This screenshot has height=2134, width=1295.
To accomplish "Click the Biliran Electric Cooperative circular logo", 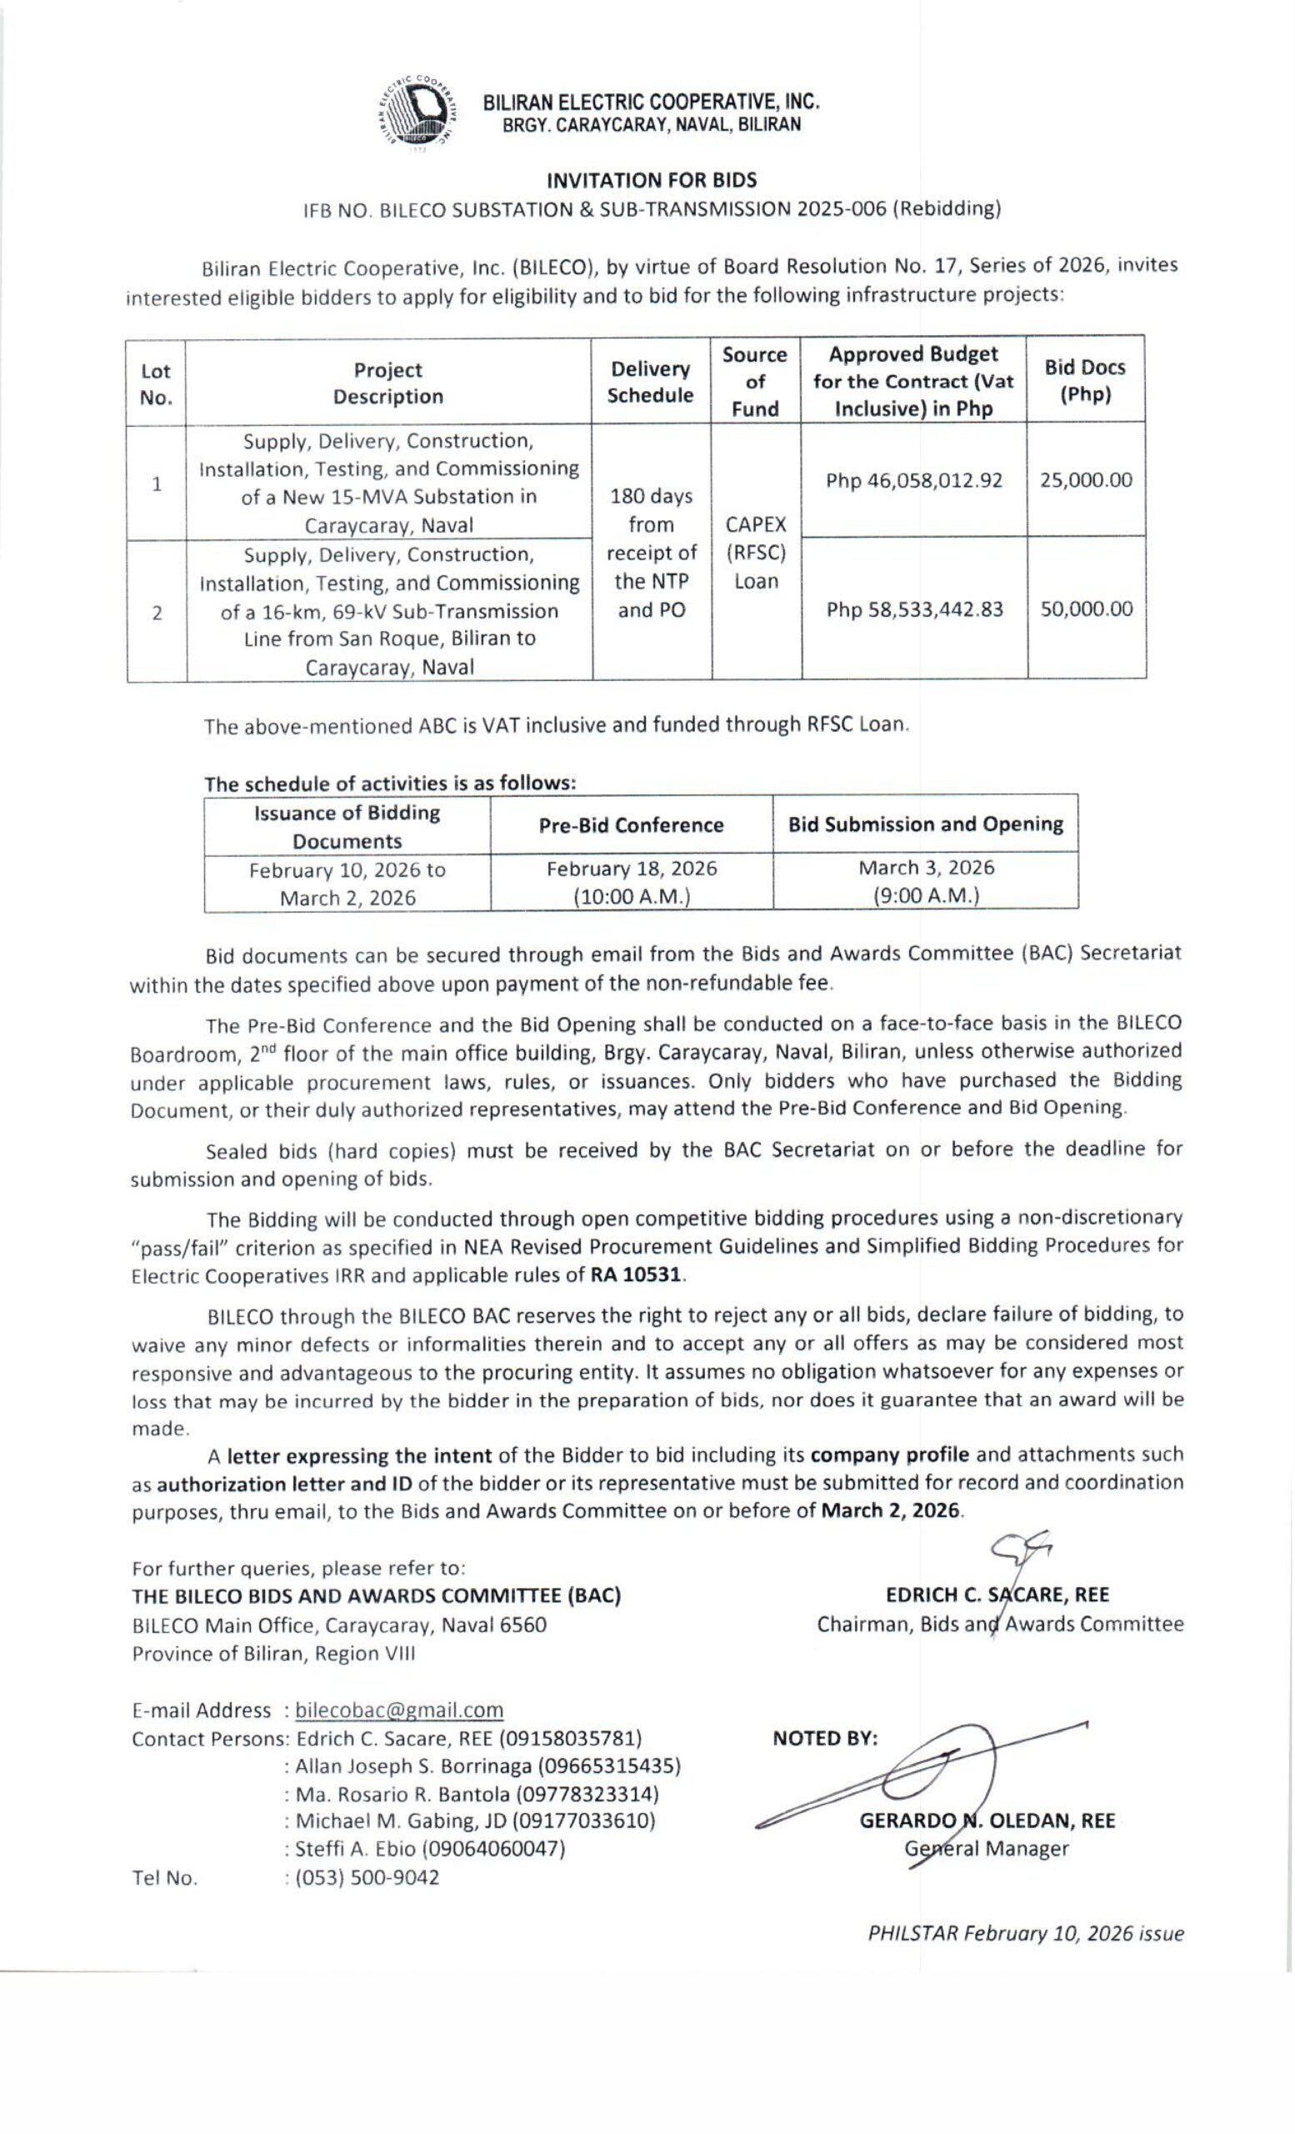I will coord(418,113).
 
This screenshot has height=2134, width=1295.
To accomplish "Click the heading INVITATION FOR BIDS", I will coord(651,180).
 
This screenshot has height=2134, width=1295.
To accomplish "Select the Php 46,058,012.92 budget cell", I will coord(913,481).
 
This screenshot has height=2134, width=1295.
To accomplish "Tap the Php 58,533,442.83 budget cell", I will coord(914,609).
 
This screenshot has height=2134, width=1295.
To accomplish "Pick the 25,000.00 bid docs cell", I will coord(1086,481).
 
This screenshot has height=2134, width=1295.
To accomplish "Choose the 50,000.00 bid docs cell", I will coord(1087,609).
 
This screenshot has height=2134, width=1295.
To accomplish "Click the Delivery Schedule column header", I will coord(650,382).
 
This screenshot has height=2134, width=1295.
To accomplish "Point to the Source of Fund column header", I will coord(755,382).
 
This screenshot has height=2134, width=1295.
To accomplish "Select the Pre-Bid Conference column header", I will coord(631,825).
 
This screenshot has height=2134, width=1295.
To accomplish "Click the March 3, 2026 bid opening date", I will coord(926,868).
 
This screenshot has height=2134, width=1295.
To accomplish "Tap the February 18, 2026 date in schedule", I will coord(631,868).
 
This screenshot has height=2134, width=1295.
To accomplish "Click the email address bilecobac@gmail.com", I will coord(399,1710).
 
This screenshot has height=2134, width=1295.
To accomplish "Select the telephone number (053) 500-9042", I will coord(367,1877).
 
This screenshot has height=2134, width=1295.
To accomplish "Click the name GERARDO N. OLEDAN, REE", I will coord(987,1821).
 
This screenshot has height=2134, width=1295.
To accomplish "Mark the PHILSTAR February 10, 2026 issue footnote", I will coord(1026,1934).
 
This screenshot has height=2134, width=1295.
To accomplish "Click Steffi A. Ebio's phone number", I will coord(493,1849).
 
